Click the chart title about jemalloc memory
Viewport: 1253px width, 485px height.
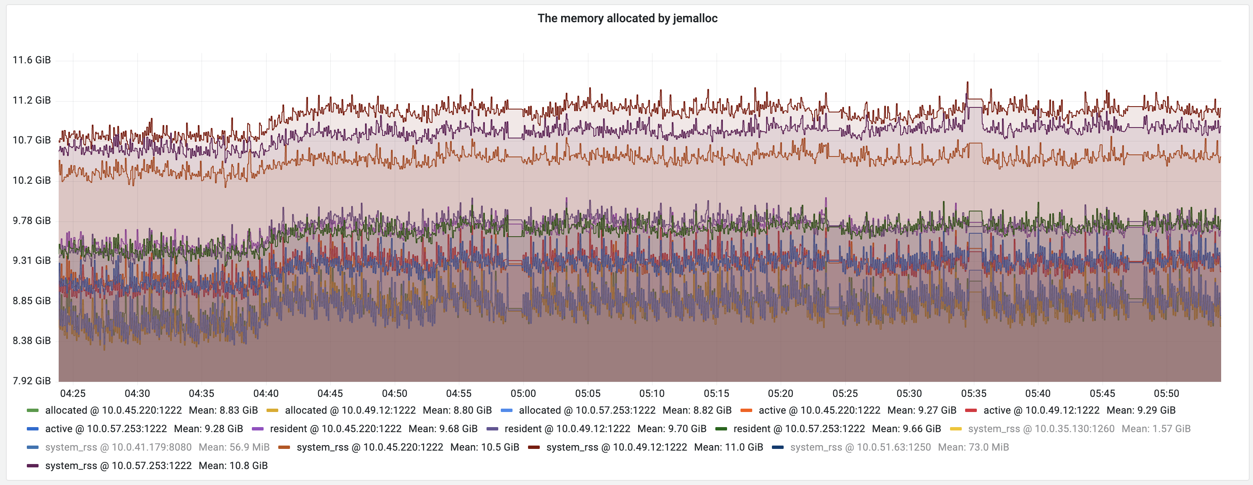(x=627, y=18)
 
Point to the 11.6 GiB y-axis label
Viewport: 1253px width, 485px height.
(x=31, y=60)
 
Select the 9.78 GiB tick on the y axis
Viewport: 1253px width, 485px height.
(x=31, y=221)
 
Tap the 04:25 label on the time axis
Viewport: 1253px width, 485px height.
(x=72, y=394)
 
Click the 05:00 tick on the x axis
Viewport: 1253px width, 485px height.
(x=523, y=394)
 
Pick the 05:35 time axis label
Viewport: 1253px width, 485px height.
(x=973, y=394)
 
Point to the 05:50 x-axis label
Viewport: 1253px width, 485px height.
(x=1166, y=394)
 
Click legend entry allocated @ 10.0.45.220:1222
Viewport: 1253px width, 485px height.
(x=113, y=410)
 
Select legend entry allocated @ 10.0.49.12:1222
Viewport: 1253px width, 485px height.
(x=350, y=410)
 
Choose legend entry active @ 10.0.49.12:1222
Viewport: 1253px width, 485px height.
(x=1041, y=410)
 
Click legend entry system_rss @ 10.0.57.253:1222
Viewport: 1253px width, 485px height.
(x=118, y=466)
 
